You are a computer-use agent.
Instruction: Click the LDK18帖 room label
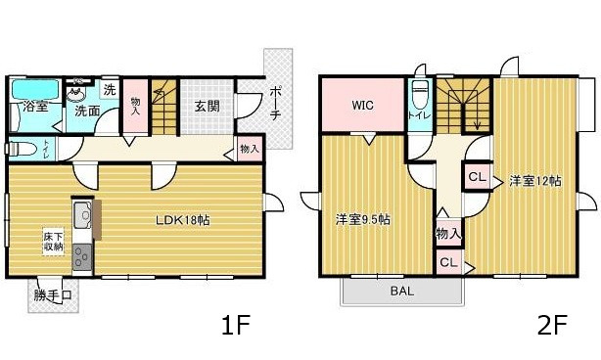pyautogui.click(x=184, y=220)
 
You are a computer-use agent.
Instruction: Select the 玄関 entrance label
pyautogui.click(x=206, y=106)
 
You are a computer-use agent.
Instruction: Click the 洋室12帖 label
pyautogui.click(x=534, y=181)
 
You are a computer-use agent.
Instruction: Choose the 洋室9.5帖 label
pyautogui.click(x=363, y=219)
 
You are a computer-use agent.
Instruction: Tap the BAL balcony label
pyautogui.click(x=401, y=291)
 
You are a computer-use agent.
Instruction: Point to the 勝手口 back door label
pyautogui.click(x=53, y=294)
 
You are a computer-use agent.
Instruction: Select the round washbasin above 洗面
pyautogui.click(x=76, y=95)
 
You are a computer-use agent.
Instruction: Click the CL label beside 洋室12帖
pyautogui.click(x=476, y=178)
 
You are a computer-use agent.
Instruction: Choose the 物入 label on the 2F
pyautogui.click(x=448, y=234)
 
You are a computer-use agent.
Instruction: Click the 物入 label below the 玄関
pyautogui.click(x=249, y=150)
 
